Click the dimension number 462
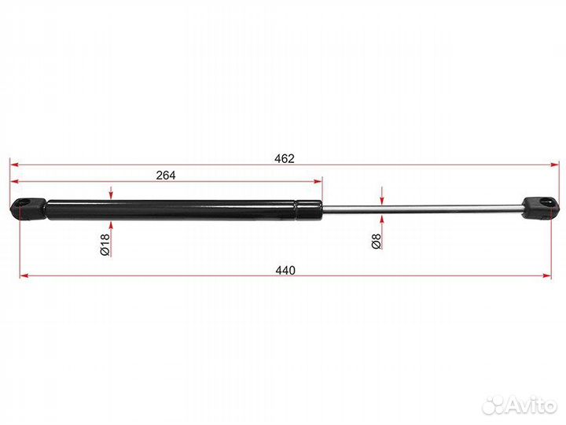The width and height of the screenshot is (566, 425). click(284, 159)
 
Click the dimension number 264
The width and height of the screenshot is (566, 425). click(166, 176)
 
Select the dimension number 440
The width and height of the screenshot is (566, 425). click(285, 270)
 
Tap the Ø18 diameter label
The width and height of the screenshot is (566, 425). click(105, 245)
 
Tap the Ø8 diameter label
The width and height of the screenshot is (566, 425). click(376, 241)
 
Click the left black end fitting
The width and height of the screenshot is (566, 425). click(28, 209)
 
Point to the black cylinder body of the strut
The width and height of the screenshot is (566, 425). click(184, 210)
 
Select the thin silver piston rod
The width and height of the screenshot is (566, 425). click(423, 209)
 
